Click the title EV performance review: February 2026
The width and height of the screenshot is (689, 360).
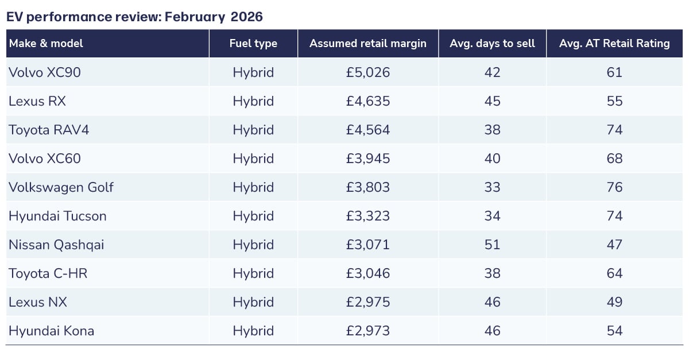[134, 17]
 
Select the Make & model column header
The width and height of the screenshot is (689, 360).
[46, 44]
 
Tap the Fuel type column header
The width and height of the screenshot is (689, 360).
[253, 44]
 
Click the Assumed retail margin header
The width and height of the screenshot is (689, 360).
[368, 44]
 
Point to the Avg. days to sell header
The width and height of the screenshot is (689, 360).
[492, 44]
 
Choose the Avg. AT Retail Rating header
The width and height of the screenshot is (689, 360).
[614, 44]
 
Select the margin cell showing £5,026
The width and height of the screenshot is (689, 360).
[368, 72]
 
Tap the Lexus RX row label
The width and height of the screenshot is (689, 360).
[37, 101]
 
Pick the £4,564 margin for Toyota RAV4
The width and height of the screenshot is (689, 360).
[368, 130]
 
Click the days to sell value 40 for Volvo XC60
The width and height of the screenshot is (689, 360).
[492, 158]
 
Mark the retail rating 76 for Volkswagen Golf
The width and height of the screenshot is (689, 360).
[614, 187]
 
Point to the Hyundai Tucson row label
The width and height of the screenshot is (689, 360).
[57, 216]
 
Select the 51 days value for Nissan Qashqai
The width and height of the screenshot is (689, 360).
[492, 245]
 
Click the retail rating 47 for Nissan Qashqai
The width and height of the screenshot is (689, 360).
[614, 245]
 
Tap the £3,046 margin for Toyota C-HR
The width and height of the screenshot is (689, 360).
[368, 273]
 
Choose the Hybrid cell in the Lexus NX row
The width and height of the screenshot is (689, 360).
[253, 302]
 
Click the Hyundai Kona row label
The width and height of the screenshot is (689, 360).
[51, 331]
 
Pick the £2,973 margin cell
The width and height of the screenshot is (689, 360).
[368, 331]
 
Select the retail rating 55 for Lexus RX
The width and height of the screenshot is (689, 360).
[614, 101]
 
